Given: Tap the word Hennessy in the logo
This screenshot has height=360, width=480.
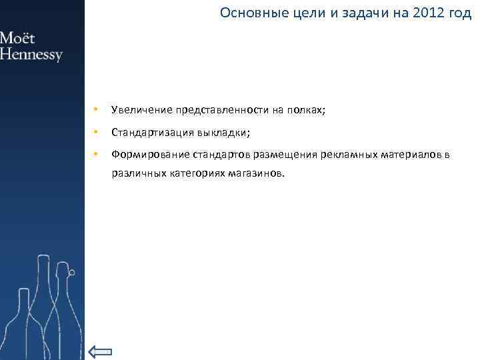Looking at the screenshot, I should [31, 54].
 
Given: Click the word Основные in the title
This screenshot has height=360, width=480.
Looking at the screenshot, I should [248, 13].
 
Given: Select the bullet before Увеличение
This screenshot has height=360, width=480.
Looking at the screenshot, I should [97, 109].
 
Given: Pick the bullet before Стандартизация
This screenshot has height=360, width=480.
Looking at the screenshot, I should [97, 132].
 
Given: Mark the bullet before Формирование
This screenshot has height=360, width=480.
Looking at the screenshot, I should [97, 155].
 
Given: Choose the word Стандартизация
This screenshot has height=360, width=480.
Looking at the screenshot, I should [149, 132].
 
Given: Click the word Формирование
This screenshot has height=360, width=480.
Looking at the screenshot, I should [151, 155].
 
